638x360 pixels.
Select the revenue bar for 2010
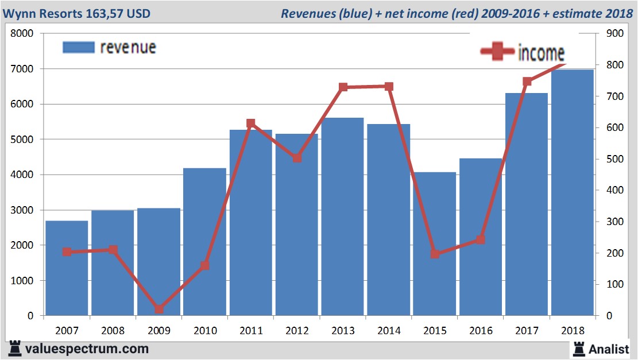pos(205,242)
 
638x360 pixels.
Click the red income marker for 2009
pos(159,309)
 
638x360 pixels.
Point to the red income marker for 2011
pos(251,123)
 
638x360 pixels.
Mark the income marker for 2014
pos(389,87)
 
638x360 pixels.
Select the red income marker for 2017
pos(527,82)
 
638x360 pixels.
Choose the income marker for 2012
pos(297,158)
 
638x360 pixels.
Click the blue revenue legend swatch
pos(78,47)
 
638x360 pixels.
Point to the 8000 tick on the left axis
pos(23,33)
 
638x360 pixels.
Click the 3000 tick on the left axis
pos(23,210)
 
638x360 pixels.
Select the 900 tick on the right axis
pos(605,33)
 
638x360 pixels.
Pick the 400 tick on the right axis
pos(605,191)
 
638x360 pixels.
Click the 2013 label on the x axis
pos(343,331)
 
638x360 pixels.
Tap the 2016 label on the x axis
pos(481,331)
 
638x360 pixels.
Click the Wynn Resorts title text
pos(76,13)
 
